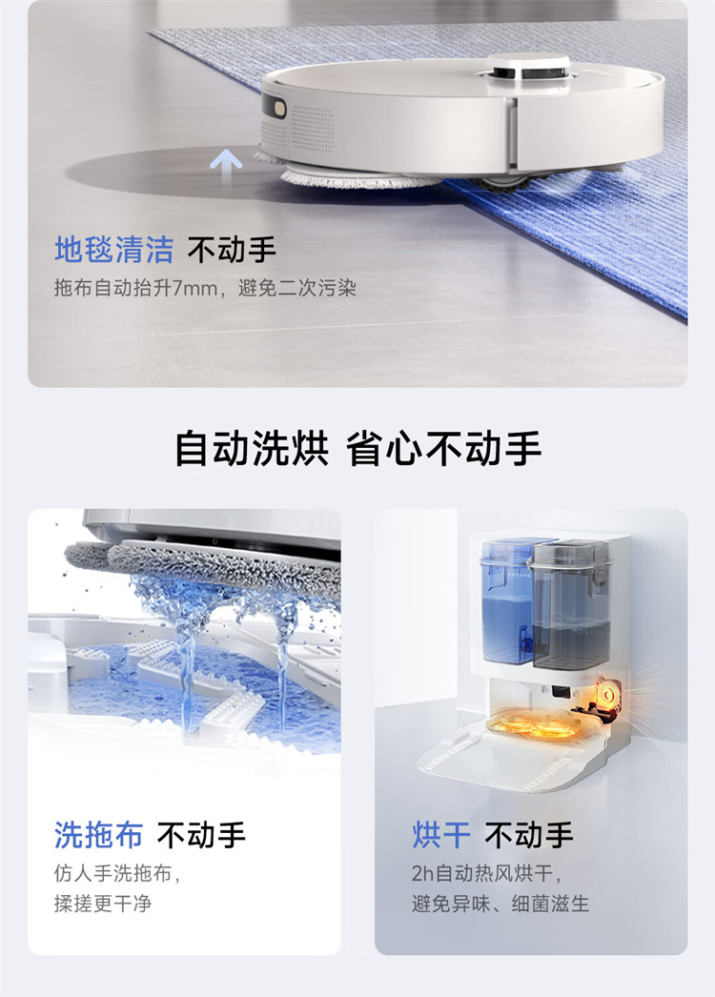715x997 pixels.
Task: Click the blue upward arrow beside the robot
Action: pyautogui.click(x=226, y=167)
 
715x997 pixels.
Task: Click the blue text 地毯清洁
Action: pyautogui.click(x=113, y=250)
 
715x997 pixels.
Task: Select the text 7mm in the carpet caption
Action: pyautogui.click(x=194, y=288)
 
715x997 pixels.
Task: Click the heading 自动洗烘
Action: pyautogui.click(x=252, y=448)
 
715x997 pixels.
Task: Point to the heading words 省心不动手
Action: pyautogui.click(x=443, y=448)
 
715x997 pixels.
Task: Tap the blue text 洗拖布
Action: pyautogui.click(x=98, y=835)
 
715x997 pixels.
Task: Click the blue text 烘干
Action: pyautogui.click(x=441, y=835)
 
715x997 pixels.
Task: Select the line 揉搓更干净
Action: pyautogui.click(x=103, y=904)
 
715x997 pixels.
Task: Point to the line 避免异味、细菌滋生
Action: pyautogui.click(x=500, y=904)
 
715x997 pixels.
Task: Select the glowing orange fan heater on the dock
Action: pyautogui.click(x=607, y=700)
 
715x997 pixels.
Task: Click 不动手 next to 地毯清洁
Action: pyautogui.click(x=232, y=250)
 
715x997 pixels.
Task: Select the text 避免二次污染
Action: pyautogui.click(x=297, y=288)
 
